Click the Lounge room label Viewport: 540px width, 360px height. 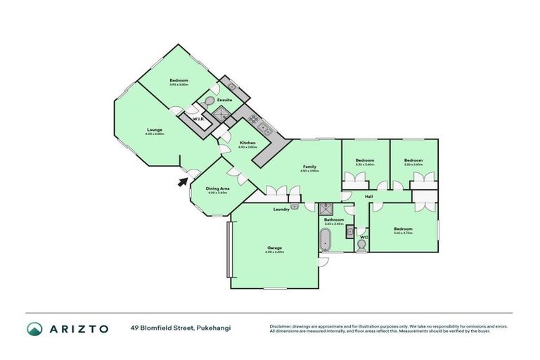pos(155,129)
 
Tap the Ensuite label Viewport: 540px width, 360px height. pos(224,100)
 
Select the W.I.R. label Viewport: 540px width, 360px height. pos(198,118)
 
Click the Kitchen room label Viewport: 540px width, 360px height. pos(247,143)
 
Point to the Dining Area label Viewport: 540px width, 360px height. pos(218,188)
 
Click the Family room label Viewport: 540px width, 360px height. pos(309,167)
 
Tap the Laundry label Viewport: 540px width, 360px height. pos(281,209)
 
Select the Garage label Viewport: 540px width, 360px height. pos(274,247)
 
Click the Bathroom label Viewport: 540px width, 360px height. pos(333,219)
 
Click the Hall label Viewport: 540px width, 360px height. pos(368,196)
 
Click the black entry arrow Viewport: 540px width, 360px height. pos(183,182)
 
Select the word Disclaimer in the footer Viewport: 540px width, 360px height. pos(283,326)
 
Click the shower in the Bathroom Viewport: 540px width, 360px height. pos(326,209)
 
